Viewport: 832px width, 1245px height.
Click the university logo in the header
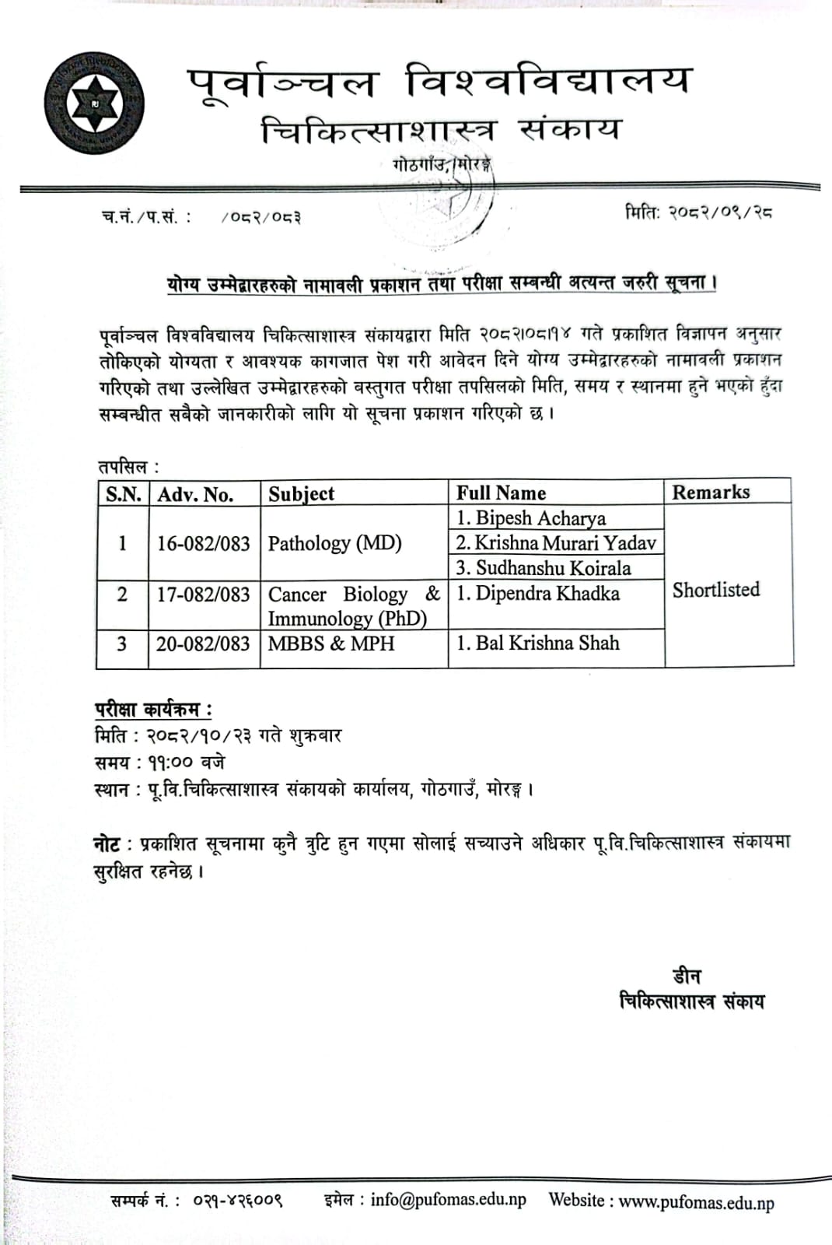click(94, 104)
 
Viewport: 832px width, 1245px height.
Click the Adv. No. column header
click(195, 494)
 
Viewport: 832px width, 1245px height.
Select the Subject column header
click(301, 494)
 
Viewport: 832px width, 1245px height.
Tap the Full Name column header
click(501, 493)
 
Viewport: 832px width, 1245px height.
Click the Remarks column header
click(711, 492)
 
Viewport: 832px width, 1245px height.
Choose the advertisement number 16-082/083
click(203, 543)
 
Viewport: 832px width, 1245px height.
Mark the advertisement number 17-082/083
click(203, 594)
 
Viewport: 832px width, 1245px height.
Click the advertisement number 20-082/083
click(203, 644)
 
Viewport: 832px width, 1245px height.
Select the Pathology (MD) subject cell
click(334, 543)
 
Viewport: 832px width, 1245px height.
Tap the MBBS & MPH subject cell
click(331, 644)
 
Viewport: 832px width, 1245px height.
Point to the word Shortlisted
click(715, 590)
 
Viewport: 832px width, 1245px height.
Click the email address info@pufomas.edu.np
click(448, 1199)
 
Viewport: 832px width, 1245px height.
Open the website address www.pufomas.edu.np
click(696, 1202)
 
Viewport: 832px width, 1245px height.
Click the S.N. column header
click(123, 494)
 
